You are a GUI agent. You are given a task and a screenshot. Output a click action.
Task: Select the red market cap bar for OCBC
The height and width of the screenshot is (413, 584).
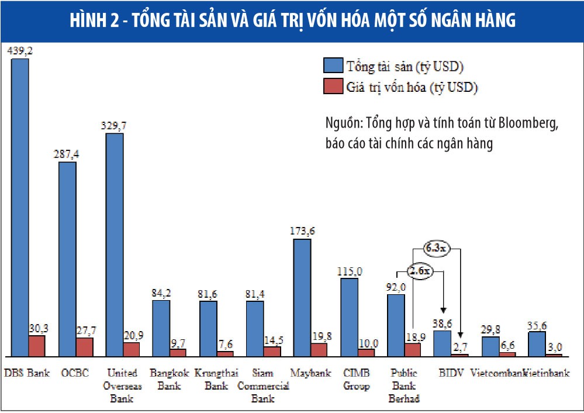pyautogui.click(x=85, y=347)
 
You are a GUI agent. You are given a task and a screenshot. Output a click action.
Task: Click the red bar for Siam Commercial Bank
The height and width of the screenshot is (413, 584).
pyautogui.click(x=272, y=351)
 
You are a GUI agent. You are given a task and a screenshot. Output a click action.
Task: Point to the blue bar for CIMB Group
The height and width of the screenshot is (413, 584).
pyautogui.click(x=349, y=316)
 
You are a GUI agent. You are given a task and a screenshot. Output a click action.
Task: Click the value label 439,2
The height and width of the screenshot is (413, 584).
pyautogui.click(x=20, y=51)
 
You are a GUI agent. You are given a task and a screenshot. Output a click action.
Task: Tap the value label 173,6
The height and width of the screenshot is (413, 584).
pyautogui.click(x=302, y=231)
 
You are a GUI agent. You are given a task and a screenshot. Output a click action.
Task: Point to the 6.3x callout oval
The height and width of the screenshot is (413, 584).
pyautogui.click(x=437, y=249)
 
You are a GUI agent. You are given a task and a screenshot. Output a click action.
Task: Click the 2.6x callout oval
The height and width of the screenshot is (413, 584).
pyautogui.click(x=419, y=271)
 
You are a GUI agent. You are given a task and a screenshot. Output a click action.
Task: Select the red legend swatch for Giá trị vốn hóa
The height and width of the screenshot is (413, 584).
pyautogui.click(x=332, y=87)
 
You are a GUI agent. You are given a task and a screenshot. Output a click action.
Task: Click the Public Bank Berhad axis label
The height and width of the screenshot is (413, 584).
pyautogui.click(x=404, y=386)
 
